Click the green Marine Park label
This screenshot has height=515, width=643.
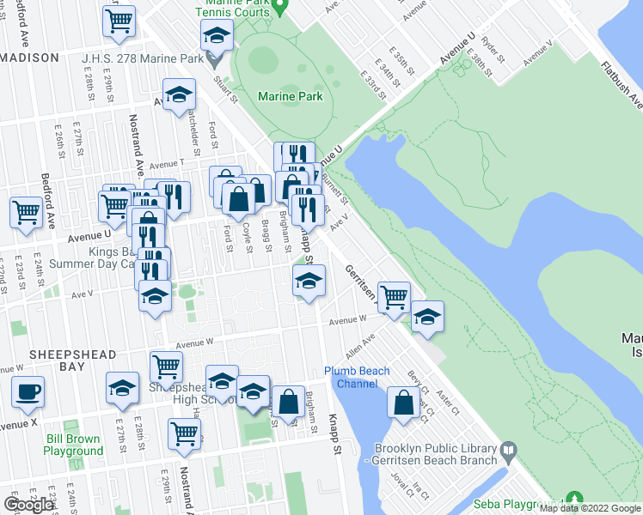tap(291, 96)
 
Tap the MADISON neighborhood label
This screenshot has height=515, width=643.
tap(30, 58)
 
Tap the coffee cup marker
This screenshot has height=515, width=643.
tap(28, 391)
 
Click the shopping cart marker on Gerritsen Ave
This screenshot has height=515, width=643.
tap(394, 297)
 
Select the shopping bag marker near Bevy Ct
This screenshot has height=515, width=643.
tap(404, 401)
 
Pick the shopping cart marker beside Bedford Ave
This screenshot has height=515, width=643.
tap(26, 210)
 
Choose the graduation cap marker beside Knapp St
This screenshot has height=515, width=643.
tap(309, 280)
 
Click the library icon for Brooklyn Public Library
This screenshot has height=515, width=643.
tap(509, 450)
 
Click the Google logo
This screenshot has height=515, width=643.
tap(28, 505)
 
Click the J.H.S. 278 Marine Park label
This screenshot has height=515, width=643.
tap(142, 59)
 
